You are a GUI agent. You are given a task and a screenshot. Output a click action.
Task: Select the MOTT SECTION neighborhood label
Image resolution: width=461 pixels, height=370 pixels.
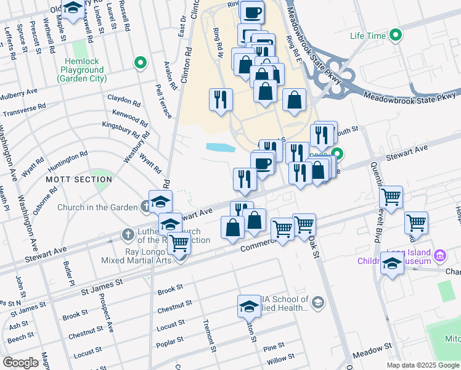[x=79, y=179]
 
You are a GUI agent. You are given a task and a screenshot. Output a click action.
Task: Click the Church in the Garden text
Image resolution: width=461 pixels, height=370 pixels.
[x=96, y=207]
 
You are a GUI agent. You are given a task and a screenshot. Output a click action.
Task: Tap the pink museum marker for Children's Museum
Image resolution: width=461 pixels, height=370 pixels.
[x=440, y=255]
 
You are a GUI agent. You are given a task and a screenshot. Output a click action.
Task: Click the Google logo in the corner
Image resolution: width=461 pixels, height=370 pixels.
[x=20, y=363]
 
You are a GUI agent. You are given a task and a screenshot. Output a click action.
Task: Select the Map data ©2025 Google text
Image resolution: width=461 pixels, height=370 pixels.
[x=422, y=365]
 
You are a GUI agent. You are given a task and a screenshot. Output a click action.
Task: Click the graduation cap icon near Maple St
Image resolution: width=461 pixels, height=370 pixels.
[x=73, y=9]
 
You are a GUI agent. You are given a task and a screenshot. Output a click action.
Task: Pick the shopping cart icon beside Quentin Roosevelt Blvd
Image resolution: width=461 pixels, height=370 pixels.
[x=391, y=197]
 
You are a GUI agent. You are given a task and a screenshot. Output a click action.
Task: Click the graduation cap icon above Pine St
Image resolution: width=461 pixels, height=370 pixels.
[x=248, y=306]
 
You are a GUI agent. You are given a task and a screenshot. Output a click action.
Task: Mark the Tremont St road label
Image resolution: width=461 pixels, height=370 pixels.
[x=210, y=336]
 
